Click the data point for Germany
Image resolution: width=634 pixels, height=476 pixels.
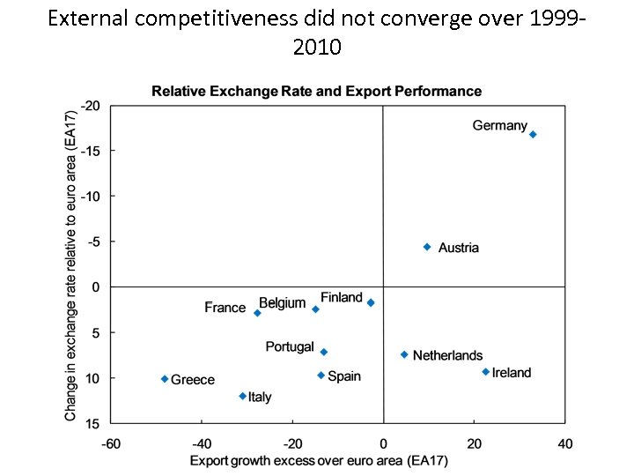(x=533, y=135)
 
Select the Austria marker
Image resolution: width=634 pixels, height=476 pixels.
(x=427, y=248)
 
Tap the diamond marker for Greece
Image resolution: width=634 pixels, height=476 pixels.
(x=165, y=379)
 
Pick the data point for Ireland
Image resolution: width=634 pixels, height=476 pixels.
(x=485, y=372)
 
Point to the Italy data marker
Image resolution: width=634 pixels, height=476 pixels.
(x=243, y=397)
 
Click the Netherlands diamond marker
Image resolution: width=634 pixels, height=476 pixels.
(x=404, y=355)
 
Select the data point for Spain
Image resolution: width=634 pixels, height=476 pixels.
(x=321, y=376)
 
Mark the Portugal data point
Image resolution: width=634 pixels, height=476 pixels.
(x=324, y=352)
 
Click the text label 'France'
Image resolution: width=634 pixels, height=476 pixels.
(x=225, y=308)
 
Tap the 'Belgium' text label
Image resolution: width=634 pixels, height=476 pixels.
(x=282, y=303)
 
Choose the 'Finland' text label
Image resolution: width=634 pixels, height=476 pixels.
(x=341, y=297)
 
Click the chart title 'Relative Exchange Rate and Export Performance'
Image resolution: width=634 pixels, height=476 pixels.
(x=316, y=91)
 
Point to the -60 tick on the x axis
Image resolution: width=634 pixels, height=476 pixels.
(x=111, y=443)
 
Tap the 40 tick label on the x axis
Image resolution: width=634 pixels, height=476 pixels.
(x=564, y=443)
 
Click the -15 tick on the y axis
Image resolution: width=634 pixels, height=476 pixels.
(x=92, y=151)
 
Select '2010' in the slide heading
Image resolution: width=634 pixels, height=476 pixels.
(x=317, y=47)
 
